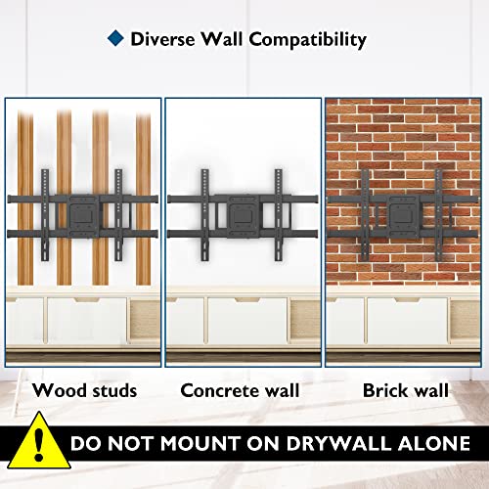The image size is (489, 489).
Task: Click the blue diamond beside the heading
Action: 115,38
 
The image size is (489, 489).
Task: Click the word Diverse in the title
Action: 162,39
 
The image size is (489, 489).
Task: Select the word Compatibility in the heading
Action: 308,40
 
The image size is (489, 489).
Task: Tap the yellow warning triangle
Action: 39,442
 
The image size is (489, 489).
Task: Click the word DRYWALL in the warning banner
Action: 339,443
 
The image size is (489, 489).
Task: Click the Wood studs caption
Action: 84,390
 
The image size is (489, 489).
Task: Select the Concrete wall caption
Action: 240,390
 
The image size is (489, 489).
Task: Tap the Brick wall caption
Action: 406,390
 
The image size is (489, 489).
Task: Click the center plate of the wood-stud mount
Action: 84,215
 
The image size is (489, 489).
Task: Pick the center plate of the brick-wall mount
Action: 402,215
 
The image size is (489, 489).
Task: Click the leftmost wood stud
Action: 25,199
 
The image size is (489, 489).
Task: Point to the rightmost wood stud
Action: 143,199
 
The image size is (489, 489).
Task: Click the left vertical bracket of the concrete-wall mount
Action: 204,215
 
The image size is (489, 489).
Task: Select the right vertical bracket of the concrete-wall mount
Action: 279,215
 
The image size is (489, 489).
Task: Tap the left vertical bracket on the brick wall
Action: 365,215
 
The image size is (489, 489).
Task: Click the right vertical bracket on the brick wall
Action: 439,215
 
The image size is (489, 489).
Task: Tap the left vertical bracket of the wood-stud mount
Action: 45,215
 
